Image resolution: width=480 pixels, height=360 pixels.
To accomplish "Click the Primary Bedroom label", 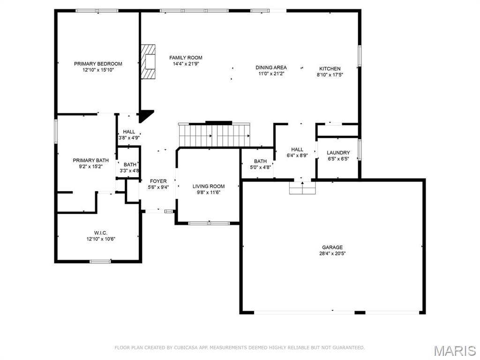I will coord(98,64).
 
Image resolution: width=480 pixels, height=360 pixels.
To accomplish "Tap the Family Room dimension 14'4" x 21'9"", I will coord(186,64).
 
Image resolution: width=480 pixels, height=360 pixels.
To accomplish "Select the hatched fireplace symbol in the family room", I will coord(149,62).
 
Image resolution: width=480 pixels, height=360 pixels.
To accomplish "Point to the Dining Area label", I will coord(271,67).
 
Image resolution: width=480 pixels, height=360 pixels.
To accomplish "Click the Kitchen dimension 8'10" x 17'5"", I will coord(330,75).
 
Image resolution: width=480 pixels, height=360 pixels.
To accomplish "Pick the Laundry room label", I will coord(338,153).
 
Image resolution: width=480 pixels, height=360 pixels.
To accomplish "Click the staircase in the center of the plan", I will coord(214,135).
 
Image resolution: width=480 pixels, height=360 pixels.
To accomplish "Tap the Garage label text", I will coord(332,247).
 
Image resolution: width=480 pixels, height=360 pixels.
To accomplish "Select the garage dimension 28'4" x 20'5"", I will coord(332,254).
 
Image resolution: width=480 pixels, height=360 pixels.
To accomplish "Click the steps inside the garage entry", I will coord(303,188).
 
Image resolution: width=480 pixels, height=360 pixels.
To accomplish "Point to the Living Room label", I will coord(209,186).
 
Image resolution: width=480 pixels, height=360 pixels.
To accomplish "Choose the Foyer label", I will coord(158,181).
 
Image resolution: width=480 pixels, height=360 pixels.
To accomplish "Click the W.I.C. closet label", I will coord(100,232).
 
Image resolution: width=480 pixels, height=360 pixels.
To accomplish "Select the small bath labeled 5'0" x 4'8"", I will coord(260,164).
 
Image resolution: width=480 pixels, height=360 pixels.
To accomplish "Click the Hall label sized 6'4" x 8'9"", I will coord(297,150).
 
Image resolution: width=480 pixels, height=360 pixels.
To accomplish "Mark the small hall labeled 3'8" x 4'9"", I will coord(128,135).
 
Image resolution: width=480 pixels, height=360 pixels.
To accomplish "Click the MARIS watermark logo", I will coord(454,351).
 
